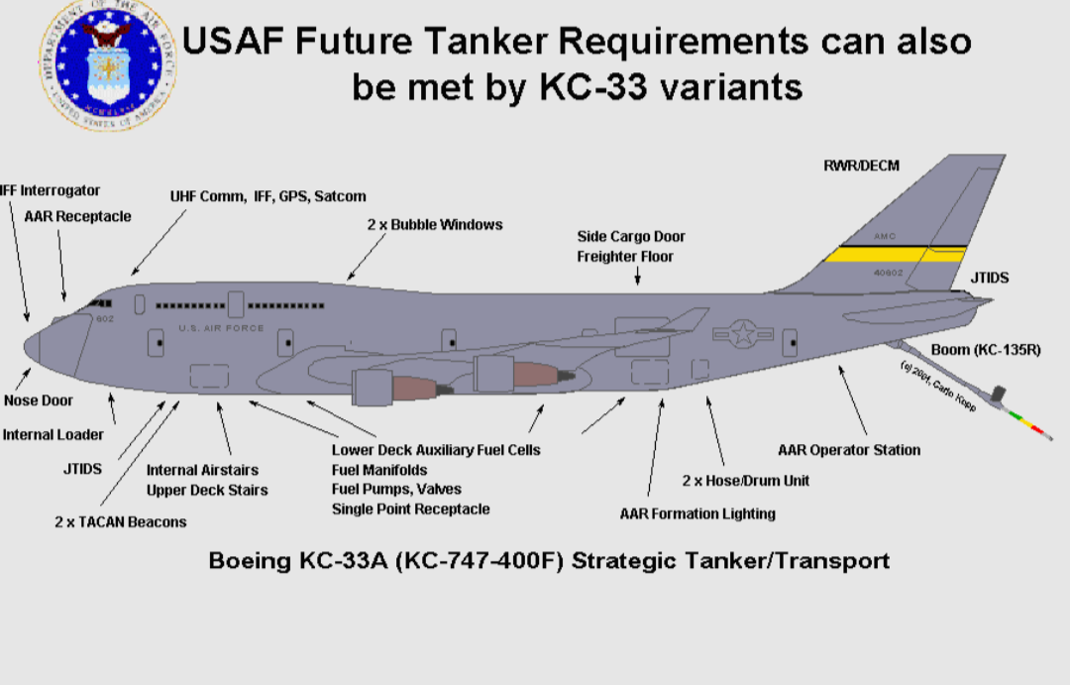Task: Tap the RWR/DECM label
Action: (861, 166)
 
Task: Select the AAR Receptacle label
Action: (77, 216)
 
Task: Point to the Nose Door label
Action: (39, 400)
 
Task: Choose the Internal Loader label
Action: (53, 434)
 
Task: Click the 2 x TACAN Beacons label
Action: (120, 521)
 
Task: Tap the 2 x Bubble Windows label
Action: (434, 225)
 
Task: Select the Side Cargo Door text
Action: (631, 237)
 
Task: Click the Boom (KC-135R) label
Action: (986, 350)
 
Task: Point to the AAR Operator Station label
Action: (849, 450)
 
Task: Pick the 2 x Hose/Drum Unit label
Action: (745, 481)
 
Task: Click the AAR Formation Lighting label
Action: (697, 514)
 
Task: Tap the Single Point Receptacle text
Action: (410, 509)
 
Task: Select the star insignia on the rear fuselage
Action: (741, 333)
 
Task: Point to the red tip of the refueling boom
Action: (1039, 431)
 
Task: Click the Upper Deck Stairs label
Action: (207, 490)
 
